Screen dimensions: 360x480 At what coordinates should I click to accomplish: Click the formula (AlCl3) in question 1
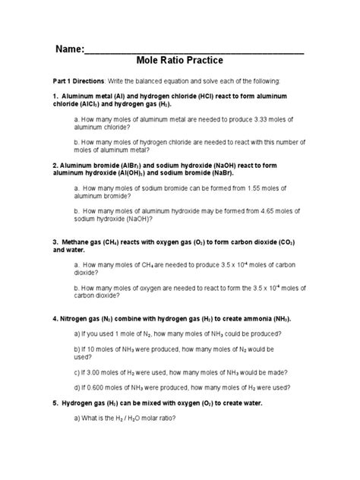(x=99, y=104)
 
